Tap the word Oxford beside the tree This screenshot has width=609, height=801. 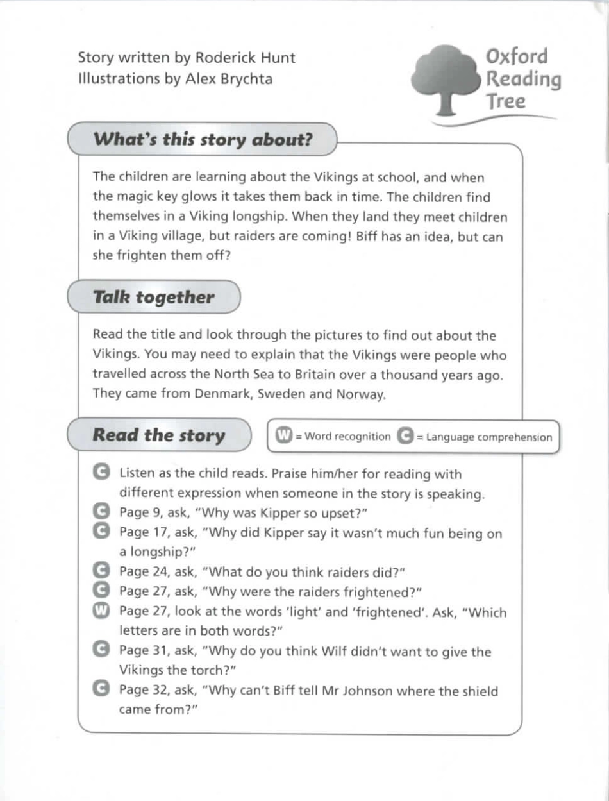(517, 56)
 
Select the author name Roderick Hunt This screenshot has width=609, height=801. (245, 58)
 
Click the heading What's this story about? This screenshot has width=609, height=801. (203, 139)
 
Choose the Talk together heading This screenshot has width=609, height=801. (154, 297)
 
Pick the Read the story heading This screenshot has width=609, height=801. (159, 435)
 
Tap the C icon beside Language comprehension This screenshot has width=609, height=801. (405, 436)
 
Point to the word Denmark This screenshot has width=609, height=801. (226, 394)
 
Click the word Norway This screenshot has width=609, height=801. (360, 394)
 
